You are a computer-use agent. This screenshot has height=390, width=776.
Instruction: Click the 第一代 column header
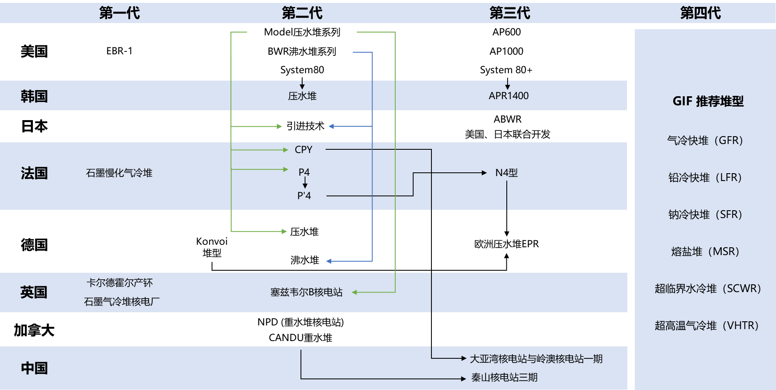pyautogui.click(x=119, y=13)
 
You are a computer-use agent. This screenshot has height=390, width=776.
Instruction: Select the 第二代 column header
pyautogui.click(x=302, y=13)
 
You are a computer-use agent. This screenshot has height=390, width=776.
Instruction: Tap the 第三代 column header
pyautogui.click(x=510, y=13)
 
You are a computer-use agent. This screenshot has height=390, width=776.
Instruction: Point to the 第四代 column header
pyautogui.click(x=700, y=13)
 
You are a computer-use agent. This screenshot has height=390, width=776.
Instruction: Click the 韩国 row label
pyautogui.click(x=34, y=96)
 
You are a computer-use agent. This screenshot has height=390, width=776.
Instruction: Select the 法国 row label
pyautogui.click(x=34, y=173)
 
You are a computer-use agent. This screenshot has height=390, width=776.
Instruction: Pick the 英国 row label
pyautogui.click(x=34, y=292)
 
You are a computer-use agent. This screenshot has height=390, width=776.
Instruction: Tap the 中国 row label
pyautogui.click(x=34, y=368)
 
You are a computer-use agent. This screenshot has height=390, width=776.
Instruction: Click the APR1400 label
pyautogui.click(x=508, y=96)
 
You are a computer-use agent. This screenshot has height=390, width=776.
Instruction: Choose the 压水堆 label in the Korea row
pyautogui.click(x=302, y=96)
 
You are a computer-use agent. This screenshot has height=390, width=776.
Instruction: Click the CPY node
pyautogui.click(x=303, y=150)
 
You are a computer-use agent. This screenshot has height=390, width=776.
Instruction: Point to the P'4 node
pyautogui.click(x=304, y=196)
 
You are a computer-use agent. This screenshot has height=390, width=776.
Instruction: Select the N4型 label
pyautogui.click(x=506, y=173)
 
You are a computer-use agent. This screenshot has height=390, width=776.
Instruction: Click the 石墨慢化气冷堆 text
pyautogui.click(x=119, y=173)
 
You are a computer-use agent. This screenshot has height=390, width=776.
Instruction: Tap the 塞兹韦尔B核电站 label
pyautogui.click(x=306, y=292)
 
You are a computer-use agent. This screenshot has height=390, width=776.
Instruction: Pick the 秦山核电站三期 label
pyautogui.click(x=504, y=378)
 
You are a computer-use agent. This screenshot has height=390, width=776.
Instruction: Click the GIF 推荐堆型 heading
pyautogui.click(x=708, y=101)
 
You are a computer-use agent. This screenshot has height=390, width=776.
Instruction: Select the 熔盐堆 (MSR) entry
pyautogui.click(x=705, y=251)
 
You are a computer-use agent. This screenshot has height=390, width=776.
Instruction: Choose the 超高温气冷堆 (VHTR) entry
pyautogui.click(x=706, y=325)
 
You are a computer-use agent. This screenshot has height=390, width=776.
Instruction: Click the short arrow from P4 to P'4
pyautogui.click(x=305, y=183)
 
